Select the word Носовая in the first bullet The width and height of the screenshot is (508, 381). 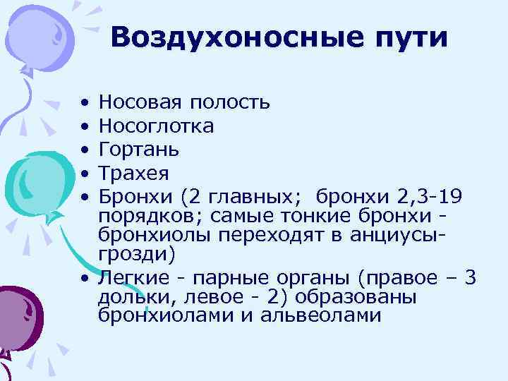click(139, 103)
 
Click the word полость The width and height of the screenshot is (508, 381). click(229, 104)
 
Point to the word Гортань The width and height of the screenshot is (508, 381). click(139, 150)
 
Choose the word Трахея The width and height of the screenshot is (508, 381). click(135, 173)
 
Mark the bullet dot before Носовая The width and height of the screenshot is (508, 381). click(85, 104)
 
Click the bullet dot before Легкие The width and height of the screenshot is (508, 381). click(85, 278)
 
